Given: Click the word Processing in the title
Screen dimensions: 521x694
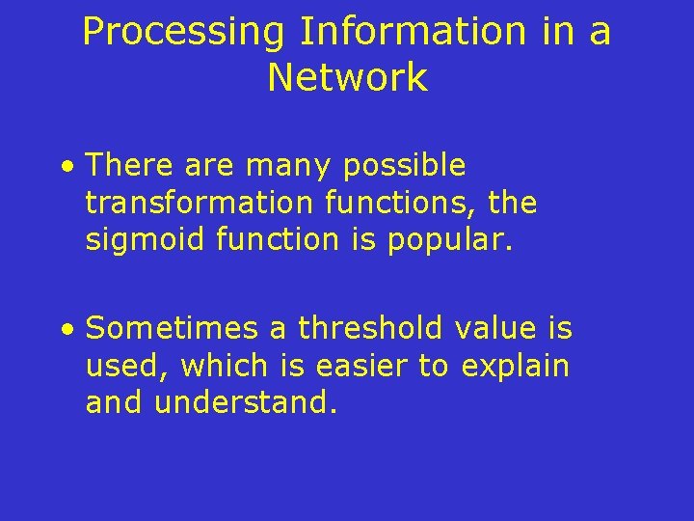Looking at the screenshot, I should point(183,32).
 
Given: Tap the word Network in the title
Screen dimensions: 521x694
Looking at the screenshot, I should point(347,77).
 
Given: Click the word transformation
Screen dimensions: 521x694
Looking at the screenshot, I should point(199,204).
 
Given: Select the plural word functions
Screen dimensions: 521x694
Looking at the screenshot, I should point(399,204).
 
